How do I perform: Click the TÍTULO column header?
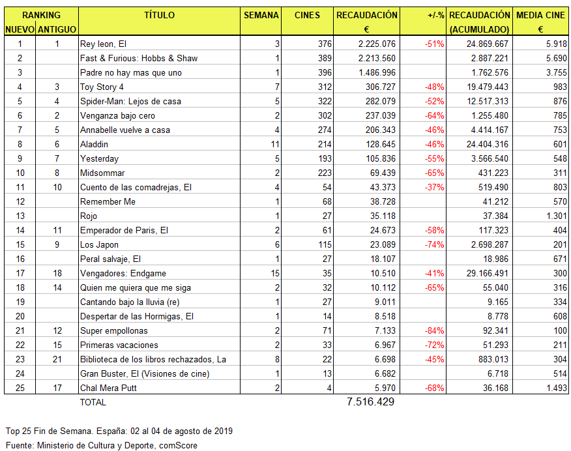pyautogui.click(x=159, y=15)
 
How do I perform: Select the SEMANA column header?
pyautogui.click(x=261, y=15)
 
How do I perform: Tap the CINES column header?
pyautogui.click(x=307, y=15)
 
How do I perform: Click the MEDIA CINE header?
pyautogui.click(x=540, y=15)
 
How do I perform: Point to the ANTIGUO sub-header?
pyautogui.click(x=57, y=29)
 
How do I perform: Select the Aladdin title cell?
pyautogui.click(x=94, y=144)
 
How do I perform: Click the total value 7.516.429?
pyautogui.click(x=371, y=402)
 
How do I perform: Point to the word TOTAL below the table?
pyautogui.click(x=93, y=402)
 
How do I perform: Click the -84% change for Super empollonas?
pyautogui.click(x=435, y=330)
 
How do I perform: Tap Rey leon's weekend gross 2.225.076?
pyautogui.click(x=377, y=44)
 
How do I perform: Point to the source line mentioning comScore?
pyautogui.click(x=101, y=445)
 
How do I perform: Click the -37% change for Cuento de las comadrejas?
pyautogui.click(x=435, y=187)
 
